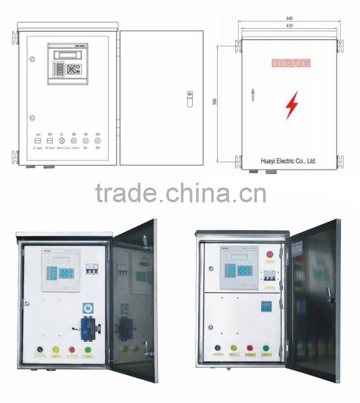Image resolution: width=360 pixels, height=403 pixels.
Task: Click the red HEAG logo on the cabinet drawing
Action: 291,63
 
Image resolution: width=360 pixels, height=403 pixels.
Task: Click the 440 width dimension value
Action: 290,18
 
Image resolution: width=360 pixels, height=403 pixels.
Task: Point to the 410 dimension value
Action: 290,25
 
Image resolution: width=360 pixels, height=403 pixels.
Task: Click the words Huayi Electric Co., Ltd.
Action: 289,161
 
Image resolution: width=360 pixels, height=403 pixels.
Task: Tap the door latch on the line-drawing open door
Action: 190,98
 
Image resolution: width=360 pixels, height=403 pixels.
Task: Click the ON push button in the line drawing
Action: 86,141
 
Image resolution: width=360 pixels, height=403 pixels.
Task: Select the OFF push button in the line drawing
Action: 97,141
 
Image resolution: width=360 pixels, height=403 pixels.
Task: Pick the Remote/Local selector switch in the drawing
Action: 62,141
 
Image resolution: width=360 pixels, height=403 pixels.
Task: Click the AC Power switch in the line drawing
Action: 38,141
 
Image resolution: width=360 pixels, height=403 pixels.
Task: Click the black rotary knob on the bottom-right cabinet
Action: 218,348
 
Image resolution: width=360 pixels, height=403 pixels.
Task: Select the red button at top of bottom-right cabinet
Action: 269,255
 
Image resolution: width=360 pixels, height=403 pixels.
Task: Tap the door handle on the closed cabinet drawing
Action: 253,95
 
